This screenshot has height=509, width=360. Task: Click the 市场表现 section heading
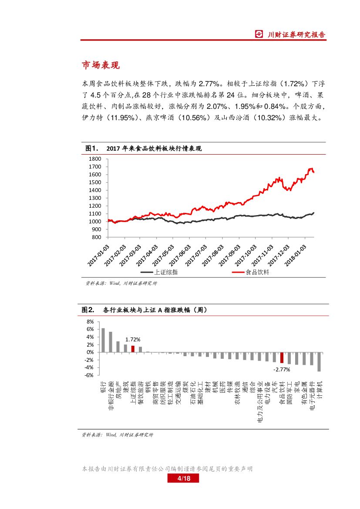coord(101,65)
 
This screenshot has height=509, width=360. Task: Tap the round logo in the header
coord(259,34)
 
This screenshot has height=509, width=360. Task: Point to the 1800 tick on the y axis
coord(94,159)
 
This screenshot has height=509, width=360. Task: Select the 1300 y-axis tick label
coord(94,198)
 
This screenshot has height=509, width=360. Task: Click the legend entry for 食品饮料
coord(257,272)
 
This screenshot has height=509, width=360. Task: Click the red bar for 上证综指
coord(133,349)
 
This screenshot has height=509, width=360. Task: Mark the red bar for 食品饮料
coord(282,357)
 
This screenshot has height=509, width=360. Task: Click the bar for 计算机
coord(319,361)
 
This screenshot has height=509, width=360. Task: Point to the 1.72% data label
coord(133,339)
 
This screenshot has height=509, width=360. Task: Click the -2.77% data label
coord(282,369)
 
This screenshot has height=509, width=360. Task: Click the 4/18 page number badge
coord(183,479)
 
